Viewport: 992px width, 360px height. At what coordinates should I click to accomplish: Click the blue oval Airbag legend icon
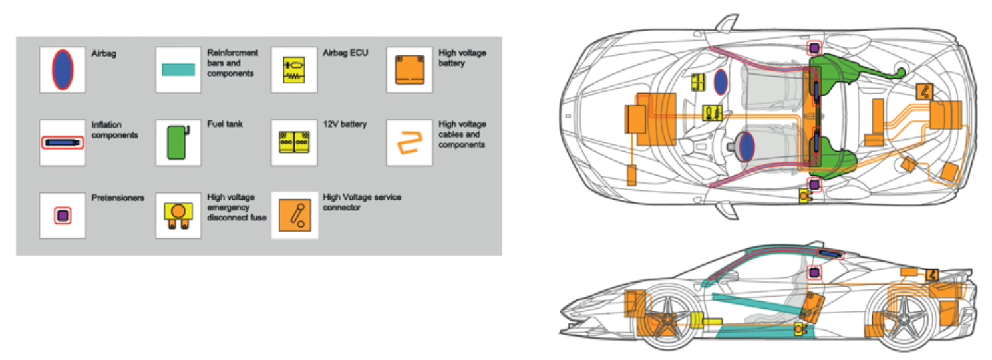[x=63, y=69]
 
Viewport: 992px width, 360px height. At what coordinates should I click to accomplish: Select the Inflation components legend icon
[x=63, y=142]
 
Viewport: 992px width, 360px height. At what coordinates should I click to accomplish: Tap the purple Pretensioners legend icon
[x=63, y=216]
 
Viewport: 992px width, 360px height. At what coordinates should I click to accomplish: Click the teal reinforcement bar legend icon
[x=178, y=69]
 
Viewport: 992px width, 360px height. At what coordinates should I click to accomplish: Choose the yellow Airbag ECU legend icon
[x=293, y=69]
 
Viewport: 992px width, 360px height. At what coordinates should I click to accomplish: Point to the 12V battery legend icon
[x=293, y=142]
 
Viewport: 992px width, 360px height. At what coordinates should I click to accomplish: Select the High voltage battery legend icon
[x=409, y=69]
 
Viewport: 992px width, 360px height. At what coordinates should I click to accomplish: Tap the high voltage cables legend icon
[x=409, y=142]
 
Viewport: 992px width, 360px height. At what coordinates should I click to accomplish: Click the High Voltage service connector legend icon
[x=294, y=215]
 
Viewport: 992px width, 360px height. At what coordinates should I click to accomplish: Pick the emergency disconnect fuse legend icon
[x=178, y=216]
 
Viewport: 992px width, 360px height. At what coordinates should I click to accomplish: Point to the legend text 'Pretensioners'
[x=118, y=198]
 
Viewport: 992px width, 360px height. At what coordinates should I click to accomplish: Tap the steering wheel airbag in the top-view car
[x=747, y=144]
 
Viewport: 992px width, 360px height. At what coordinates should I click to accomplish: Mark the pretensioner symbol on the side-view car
[x=813, y=272]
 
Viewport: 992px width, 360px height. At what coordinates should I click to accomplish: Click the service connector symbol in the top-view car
[x=925, y=92]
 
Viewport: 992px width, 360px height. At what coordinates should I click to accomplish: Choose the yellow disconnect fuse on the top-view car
[x=804, y=196]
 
